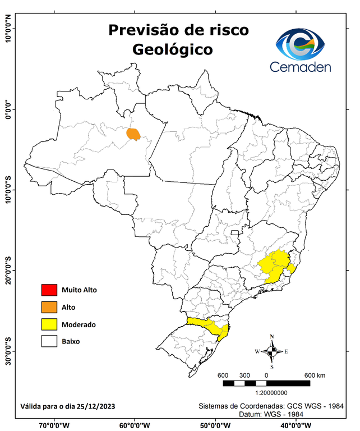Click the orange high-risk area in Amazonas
point(133,134)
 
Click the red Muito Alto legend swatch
point(49,290)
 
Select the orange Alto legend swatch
point(49,307)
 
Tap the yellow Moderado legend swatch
point(49,324)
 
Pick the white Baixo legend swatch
point(49,341)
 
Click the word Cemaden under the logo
point(301,67)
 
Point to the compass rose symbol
point(271,352)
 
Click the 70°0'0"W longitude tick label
point(54,425)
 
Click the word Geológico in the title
point(172,49)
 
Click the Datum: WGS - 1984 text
point(270,414)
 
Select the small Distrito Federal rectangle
point(235,231)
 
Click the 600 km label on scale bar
point(315,375)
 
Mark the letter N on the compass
point(272,337)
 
